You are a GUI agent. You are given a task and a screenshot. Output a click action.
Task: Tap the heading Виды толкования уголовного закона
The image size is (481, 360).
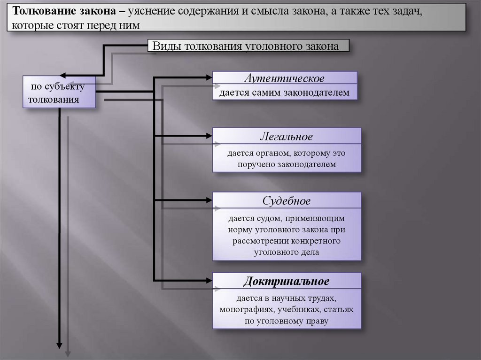tap(249, 46)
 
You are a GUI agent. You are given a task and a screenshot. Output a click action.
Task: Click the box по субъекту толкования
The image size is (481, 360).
tap(59, 92)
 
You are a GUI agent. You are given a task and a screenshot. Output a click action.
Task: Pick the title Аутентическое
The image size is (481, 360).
tap(284, 78)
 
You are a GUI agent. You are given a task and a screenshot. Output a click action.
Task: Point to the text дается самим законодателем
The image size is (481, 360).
tap(284, 92)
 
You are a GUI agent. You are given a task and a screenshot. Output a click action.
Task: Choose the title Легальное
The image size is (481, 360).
tap(287, 137)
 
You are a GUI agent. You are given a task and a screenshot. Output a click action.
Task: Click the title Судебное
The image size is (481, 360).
tap(287, 201)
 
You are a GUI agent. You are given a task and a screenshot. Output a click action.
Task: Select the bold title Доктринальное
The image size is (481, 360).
tap(287, 282)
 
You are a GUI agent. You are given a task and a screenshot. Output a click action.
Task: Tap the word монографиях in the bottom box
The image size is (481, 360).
tap(247, 310)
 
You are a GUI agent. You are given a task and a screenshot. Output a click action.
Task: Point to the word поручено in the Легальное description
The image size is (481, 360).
tap(256, 164)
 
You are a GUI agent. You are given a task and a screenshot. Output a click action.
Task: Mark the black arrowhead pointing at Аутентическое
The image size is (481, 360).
tap(208, 76)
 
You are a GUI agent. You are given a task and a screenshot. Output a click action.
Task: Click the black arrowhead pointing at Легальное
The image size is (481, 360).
tap(208, 136)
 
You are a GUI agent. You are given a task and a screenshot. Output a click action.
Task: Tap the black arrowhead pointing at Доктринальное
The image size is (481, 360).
tap(208, 280)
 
